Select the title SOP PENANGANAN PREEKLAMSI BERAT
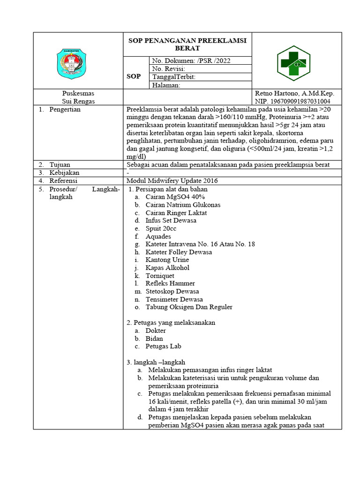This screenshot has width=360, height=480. (x=187, y=44)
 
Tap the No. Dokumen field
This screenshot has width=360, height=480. (x=190, y=60)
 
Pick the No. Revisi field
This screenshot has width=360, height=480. (x=168, y=68)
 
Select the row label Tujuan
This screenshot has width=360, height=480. (x=60, y=164)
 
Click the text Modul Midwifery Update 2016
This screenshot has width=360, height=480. (x=172, y=180)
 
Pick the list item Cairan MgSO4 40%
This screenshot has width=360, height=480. (x=172, y=197)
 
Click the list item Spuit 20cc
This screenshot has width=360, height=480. (x=161, y=228)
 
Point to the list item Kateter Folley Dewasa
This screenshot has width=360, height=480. (x=179, y=252)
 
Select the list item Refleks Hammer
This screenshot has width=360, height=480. (x=170, y=283)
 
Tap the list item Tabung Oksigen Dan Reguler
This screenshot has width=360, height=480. (x=189, y=307)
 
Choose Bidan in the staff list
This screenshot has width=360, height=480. (x=155, y=338)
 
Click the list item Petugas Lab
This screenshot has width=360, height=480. (x=163, y=346)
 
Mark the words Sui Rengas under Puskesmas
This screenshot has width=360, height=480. (x=78, y=101)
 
